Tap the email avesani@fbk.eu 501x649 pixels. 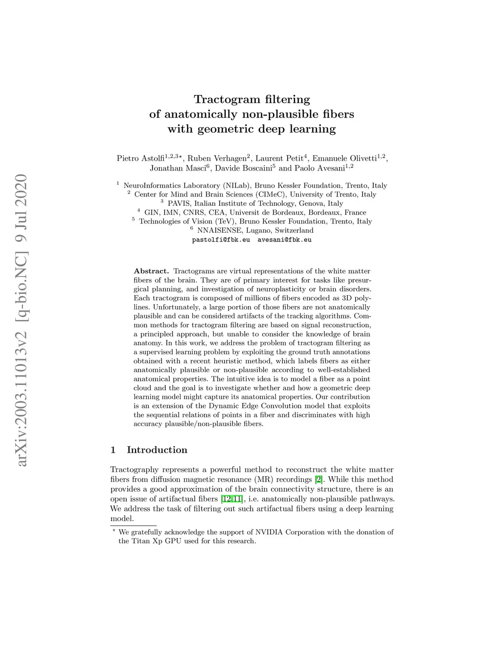click(284, 240)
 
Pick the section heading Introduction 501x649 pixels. click(157, 450)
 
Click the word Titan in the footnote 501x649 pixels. click(140, 541)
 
